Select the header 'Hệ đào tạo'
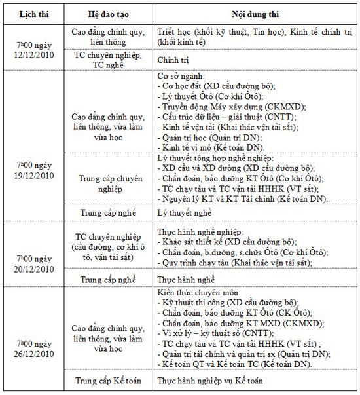pyautogui.click(x=107, y=14)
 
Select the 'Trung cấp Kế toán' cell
pyautogui.click(x=107, y=380)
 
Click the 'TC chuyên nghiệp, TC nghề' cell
pyautogui.click(x=107, y=59)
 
